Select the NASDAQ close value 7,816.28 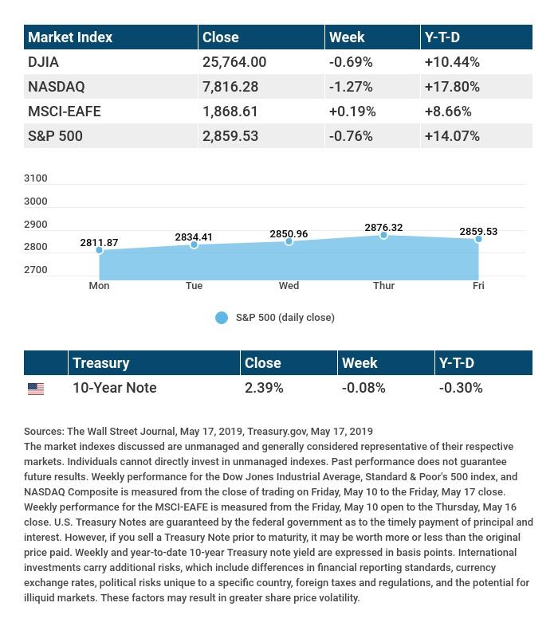pos(230,87)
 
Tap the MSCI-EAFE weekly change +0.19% pos(351,112)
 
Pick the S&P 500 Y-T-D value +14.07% pos(452,136)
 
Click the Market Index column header pos(70,37)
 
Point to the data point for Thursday pos(383,236)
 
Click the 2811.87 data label pos(99,242)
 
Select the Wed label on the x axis pos(289,286)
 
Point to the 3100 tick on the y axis pos(36,178)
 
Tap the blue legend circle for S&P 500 pos(222,318)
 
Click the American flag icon pos(36,389)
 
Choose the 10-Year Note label pos(114,389)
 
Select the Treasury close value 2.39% pos(264,389)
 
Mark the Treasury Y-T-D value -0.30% pos(461,389)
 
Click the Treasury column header pos(100,363)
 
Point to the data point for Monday pos(100,250)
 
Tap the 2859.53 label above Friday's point pos(478,232)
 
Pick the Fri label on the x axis pos(478,286)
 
